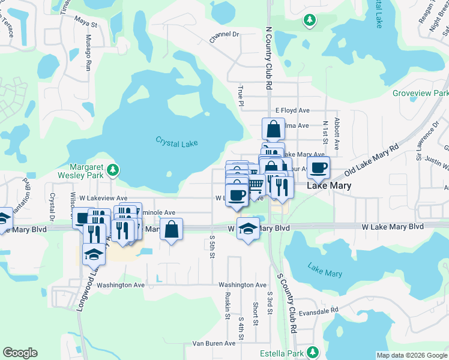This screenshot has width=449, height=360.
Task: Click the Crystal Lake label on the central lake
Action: point(176,142)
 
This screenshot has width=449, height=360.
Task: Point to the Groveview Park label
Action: point(420,94)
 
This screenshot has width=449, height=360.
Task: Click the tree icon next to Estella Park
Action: point(312,352)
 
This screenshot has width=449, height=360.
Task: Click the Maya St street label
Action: point(86,25)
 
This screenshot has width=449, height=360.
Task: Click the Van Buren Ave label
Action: point(213,343)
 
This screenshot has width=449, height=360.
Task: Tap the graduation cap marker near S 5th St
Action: point(247,229)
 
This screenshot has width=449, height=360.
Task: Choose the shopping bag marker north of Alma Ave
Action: point(273,128)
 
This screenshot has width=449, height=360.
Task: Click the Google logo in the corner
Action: point(20,353)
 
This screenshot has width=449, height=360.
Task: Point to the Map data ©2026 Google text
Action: point(411,355)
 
